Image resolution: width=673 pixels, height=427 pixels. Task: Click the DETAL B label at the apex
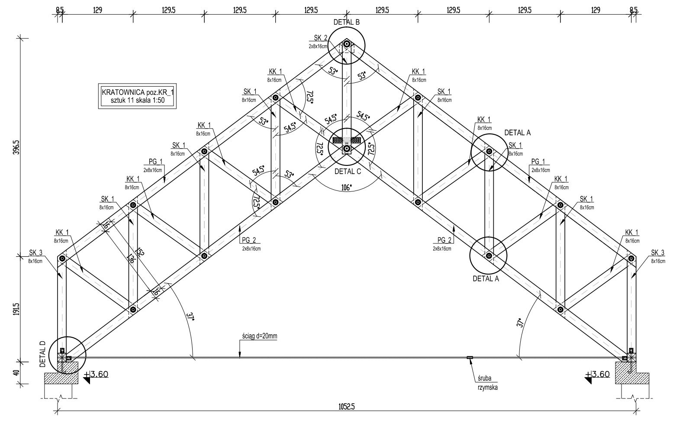[346, 22]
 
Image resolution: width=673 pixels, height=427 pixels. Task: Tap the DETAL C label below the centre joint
[348, 171]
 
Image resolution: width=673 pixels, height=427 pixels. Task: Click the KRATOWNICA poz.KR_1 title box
[137, 96]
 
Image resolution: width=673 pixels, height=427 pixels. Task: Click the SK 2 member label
[318, 38]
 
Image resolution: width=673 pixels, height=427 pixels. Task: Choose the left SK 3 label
[35, 253]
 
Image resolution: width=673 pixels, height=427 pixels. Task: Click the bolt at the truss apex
[347, 44]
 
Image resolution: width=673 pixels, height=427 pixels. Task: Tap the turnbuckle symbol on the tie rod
[470, 357]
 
